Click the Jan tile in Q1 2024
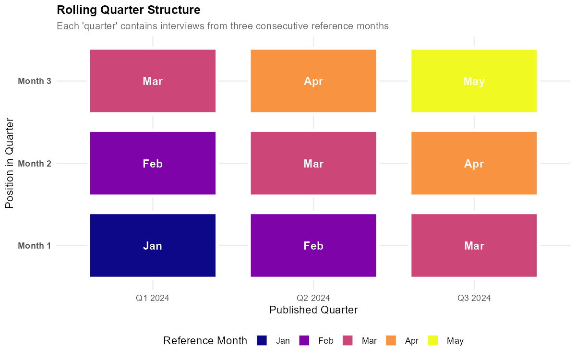[x=153, y=246]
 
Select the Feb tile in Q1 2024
[x=153, y=163]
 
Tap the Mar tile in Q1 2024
[x=153, y=81]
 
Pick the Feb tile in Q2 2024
[x=313, y=246]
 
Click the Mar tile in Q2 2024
[x=313, y=163]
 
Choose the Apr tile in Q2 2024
[x=313, y=81]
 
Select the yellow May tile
[x=474, y=81]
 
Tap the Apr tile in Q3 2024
[x=474, y=163]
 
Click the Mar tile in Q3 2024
[x=474, y=246]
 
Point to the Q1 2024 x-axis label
[x=153, y=298]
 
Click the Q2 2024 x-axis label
[x=313, y=298]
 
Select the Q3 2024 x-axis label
[x=474, y=298]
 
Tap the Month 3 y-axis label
[x=35, y=81]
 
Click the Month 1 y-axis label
[x=35, y=246]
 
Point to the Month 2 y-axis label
[x=35, y=164]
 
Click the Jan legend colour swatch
[x=262, y=341]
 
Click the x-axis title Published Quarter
[x=313, y=310]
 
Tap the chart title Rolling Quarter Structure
[x=129, y=10]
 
